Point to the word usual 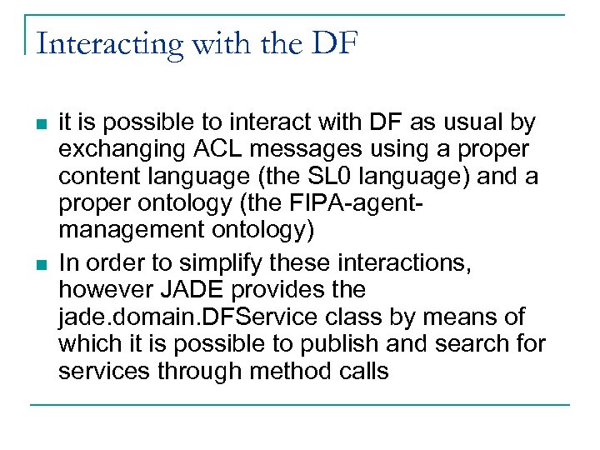pyautogui.click(x=465, y=124)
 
